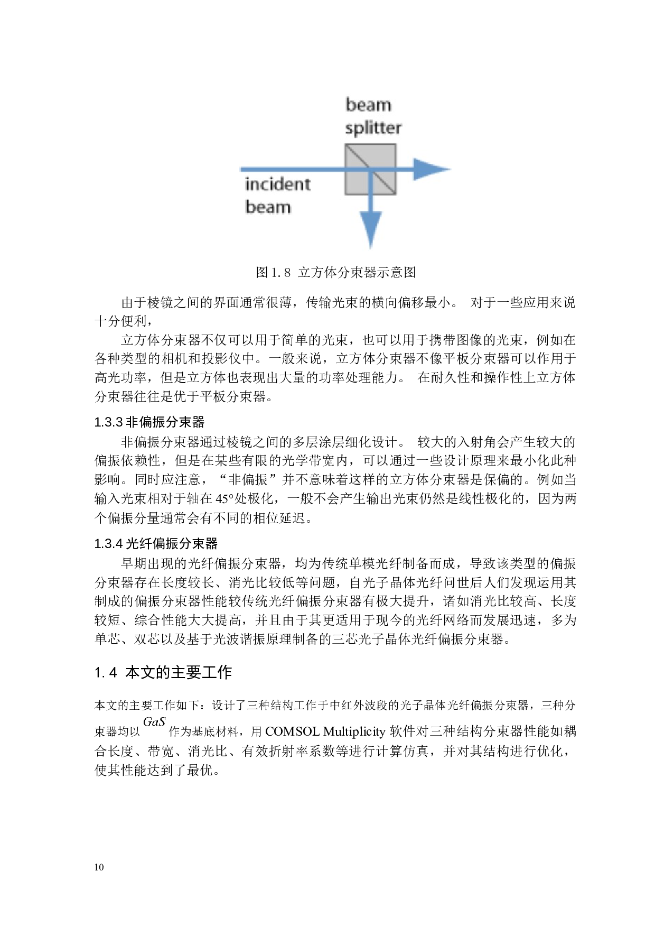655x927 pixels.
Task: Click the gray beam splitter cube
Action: tap(370, 170)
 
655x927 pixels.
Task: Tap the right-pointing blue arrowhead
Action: tap(431, 170)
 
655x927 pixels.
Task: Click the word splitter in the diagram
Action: tap(373, 128)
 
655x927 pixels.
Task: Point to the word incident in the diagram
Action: tap(278, 184)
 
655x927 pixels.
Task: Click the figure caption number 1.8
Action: tap(280, 273)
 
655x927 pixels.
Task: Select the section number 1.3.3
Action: tap(108, 422)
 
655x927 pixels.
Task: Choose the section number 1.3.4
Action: tap(108, 544)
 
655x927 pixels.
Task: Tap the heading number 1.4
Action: tap(106, 673)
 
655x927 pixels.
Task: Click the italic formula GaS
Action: tap(154, 722)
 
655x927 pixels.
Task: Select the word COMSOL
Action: tap(292, 732)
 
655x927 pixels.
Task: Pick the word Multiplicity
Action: tap(354, 732)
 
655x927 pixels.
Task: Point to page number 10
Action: tap(99, 867)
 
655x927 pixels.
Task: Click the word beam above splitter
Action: tap(369, 105)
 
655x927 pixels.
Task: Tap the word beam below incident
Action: tap(268, 207)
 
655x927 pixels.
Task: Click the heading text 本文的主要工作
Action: tap(179, 673)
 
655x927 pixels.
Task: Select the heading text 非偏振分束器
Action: tap(165, 422)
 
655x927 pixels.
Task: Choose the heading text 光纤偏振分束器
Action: tap(172, 544)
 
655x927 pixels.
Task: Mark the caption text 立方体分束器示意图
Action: tap(357, 273)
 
